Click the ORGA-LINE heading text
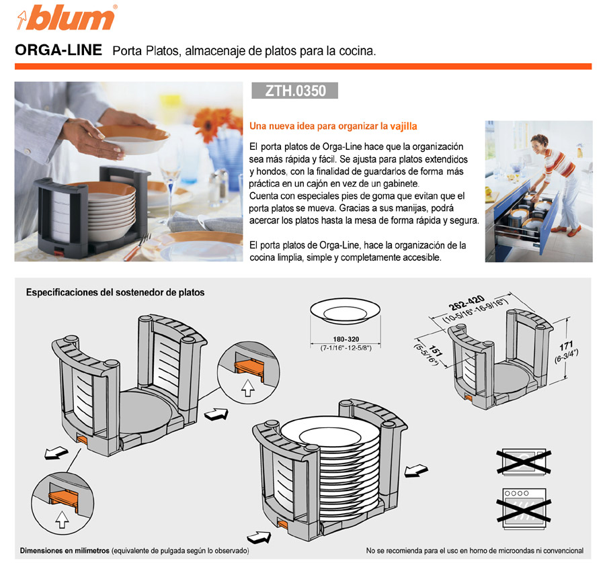pyautogui.click(x=58, y=51)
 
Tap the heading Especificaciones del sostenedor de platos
pyautogui.click(x=115, y=293)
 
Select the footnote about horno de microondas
pyautogui.click(x=475, y=551)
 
